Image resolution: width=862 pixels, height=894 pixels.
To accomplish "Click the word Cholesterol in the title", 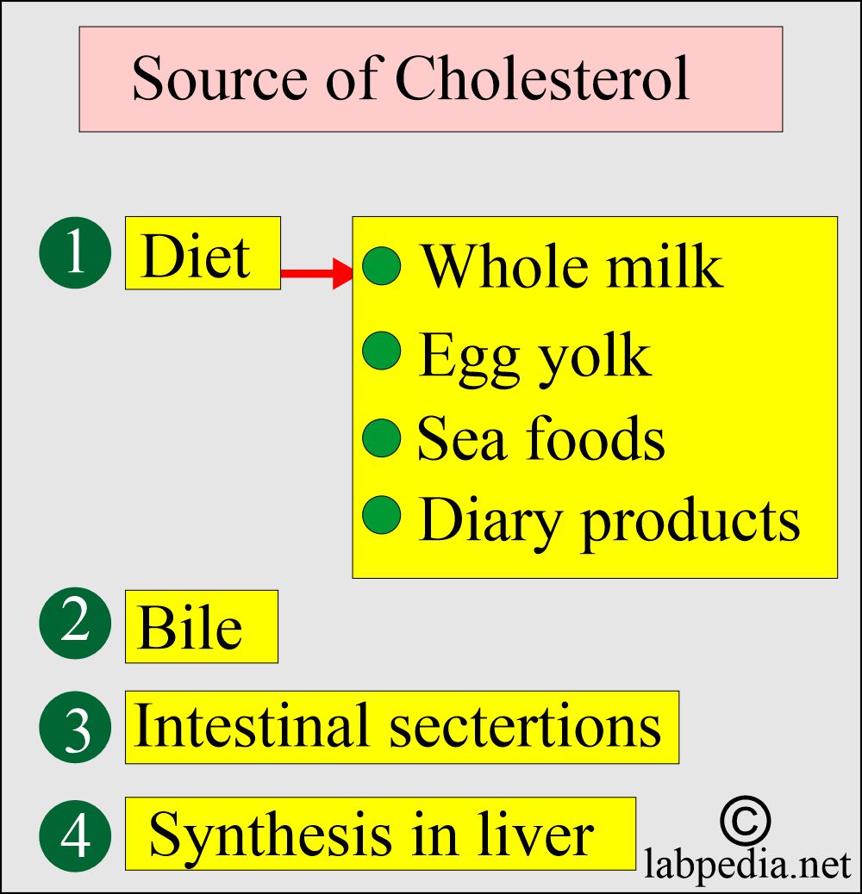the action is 542,78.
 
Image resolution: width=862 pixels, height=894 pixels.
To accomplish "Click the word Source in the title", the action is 220,78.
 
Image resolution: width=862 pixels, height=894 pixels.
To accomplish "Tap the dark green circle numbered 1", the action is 75,252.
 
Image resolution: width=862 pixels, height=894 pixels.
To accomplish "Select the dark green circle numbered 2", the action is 75,624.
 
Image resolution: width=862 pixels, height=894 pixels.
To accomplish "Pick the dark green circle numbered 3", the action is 75,727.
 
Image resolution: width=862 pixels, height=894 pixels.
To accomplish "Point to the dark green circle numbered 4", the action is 75,835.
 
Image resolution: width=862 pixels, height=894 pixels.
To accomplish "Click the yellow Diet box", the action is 203,252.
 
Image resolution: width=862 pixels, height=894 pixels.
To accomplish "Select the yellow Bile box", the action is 202,627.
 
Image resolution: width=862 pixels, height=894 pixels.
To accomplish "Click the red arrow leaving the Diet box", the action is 316,273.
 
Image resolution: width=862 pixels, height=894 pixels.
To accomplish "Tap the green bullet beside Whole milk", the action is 382,265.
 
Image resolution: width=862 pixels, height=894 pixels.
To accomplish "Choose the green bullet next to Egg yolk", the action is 382,350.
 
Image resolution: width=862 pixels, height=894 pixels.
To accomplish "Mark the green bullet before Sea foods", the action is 382,438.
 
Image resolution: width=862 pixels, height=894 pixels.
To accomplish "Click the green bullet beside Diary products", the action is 382,515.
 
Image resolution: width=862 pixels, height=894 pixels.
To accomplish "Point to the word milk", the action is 665,265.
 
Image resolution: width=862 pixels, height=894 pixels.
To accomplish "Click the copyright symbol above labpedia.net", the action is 745,821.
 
